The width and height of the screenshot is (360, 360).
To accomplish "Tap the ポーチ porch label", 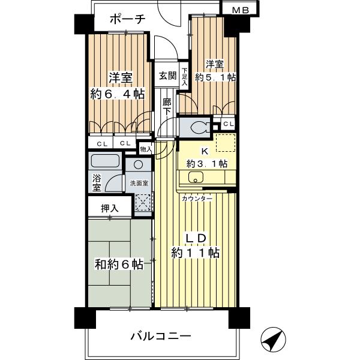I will click(128, 20).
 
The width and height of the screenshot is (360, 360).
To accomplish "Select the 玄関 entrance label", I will click(168, 76).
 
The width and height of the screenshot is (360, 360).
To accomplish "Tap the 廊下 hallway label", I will click(167, 106).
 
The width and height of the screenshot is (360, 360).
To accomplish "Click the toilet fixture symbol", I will click(198, 127).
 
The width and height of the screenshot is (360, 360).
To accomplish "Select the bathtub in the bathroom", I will click(105, 162).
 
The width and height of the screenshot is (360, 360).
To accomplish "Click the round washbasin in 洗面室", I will click(139, 165).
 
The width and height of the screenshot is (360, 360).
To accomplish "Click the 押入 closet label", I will click(109, 208).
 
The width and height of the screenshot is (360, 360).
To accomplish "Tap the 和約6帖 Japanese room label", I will click(118, 264).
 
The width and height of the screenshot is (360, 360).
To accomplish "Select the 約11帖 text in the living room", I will click(196, 253).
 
